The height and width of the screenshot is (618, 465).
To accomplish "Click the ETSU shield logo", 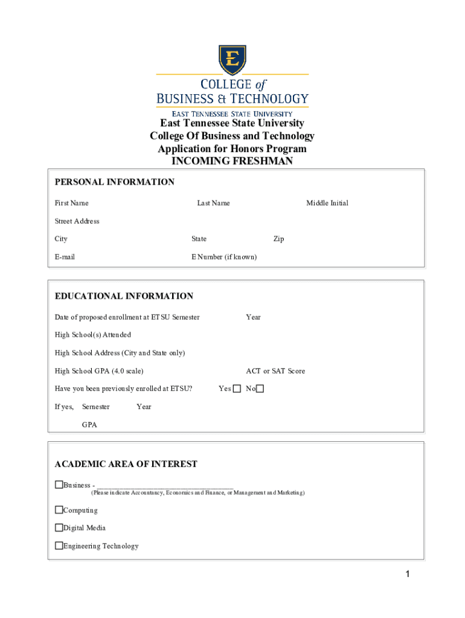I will [x=232, y=60].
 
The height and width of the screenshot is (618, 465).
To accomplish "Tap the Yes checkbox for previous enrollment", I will [x=237, y=389].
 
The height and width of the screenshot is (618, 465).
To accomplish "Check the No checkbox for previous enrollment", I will [x=260, y=389].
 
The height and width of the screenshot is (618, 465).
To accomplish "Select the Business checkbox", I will [x=59, y=485].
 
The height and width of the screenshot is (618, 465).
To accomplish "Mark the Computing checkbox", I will [x=59, y=510].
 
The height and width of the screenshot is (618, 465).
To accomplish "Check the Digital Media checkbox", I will [x=59, y=527].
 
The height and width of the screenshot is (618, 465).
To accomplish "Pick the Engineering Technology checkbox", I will [x=59, y=546].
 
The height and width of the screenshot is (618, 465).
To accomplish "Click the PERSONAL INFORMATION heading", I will [x=115, y=182].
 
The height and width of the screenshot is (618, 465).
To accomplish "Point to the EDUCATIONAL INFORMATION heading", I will [x=124, y=296].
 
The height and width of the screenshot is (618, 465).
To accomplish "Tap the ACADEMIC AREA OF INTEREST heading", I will [x=126, y=464].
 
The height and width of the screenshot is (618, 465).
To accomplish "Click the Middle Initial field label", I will [x=327, y=203].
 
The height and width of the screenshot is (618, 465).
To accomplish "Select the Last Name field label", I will [x=213, y=203].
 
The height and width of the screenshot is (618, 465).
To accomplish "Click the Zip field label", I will [x=278, y=239].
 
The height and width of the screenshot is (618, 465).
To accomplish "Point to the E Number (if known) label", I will [x=224, y=257].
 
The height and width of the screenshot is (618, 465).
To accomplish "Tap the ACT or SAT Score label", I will [x=275, y=371].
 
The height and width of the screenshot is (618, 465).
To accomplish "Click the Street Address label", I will [x=77, y=221].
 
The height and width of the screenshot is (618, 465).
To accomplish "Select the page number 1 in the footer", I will [x=408, y=575].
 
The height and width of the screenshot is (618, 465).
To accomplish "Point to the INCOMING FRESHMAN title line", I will [x=232, y=161].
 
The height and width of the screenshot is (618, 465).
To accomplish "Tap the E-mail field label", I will [x=65, y=257].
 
